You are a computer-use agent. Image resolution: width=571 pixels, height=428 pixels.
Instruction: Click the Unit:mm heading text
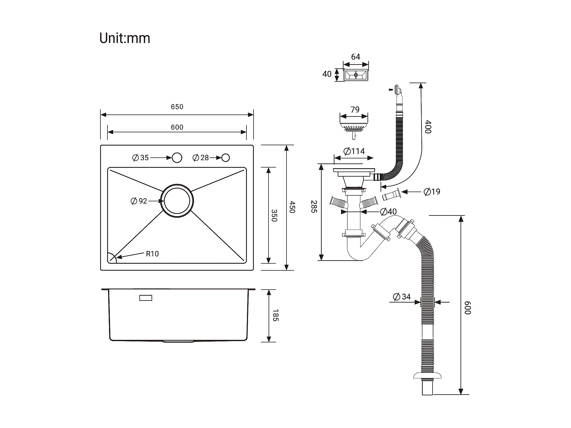coord(125,38)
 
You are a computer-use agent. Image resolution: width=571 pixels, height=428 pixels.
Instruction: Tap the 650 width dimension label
coord(177,107)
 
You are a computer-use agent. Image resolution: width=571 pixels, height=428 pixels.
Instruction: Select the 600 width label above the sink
coord(177,127)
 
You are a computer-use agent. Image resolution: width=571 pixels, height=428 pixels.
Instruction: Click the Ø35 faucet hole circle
coord(177,158)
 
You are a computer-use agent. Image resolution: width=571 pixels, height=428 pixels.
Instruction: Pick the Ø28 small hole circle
coord(225,158)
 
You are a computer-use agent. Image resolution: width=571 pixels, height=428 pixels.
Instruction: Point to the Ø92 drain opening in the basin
coord(177,201)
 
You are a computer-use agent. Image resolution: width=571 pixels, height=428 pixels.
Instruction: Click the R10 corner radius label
coord(152,254)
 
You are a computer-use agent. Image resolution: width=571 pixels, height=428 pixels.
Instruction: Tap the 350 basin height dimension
coord(274,215)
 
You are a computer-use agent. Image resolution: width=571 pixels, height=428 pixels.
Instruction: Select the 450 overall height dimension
coord(292,207)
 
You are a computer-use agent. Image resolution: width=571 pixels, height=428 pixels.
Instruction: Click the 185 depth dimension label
coord(275,315)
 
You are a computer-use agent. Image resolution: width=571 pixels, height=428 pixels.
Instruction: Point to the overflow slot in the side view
coord(146,298)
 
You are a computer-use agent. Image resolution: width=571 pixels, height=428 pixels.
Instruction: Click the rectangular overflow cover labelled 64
coord(356,75)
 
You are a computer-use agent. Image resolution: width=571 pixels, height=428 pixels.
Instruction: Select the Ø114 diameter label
coord(354,151)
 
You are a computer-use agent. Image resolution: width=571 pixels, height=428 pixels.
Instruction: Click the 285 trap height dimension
coord(314,207)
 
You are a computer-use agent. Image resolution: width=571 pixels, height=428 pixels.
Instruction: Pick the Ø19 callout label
coord(432,192)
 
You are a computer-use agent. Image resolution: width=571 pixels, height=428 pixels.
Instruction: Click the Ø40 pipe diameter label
coord(388,212)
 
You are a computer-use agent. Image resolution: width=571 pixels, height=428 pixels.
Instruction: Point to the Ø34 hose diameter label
coord(402,297)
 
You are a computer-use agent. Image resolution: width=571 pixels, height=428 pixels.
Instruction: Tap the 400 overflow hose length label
coord(428,127)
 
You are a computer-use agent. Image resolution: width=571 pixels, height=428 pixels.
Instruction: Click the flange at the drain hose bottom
coord(427,375)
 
